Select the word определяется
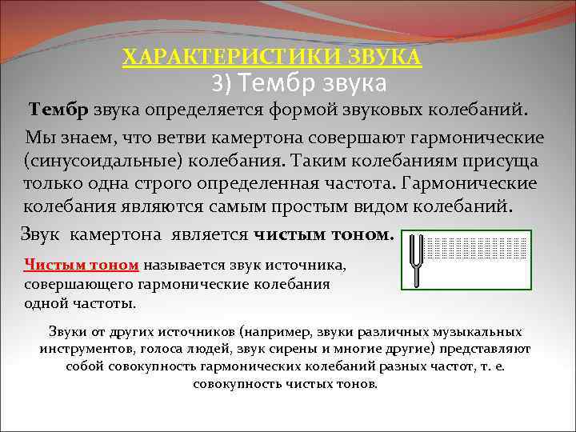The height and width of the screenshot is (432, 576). (210, 108)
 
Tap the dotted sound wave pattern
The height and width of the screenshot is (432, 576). (476, 247)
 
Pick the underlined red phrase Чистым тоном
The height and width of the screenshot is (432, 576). (82, 265)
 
